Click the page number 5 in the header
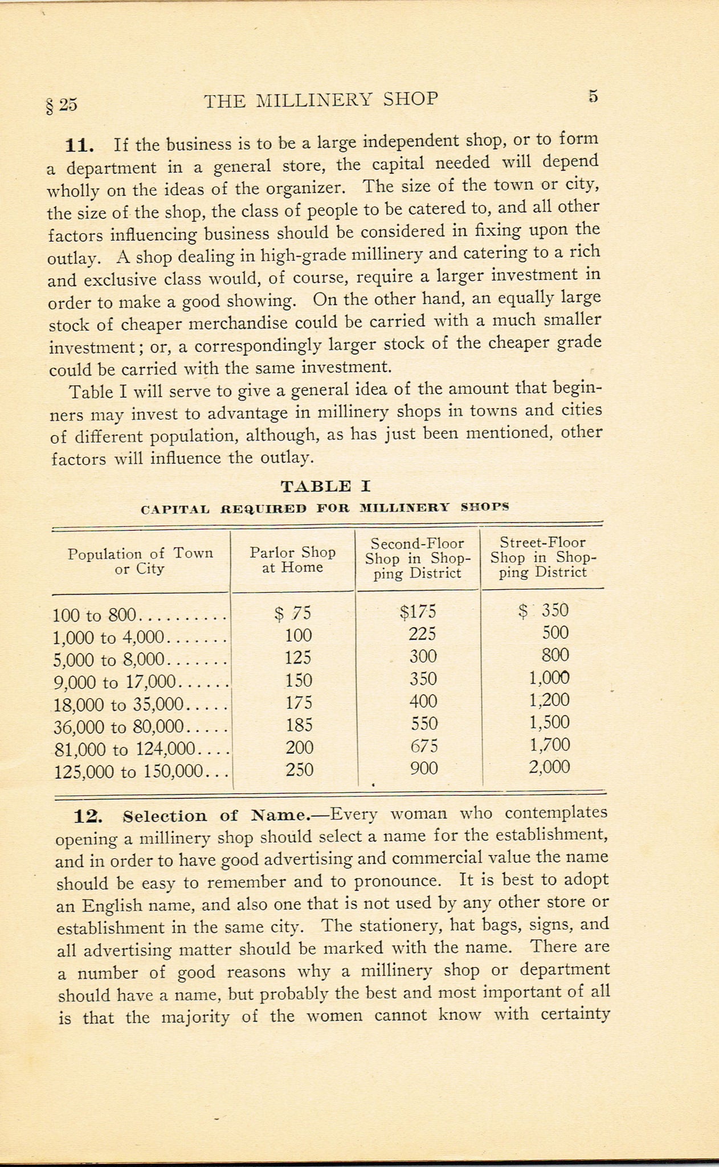click(593, 96)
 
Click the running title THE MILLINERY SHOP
click(321, 100)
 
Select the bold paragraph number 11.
click(79, 145)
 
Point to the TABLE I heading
click(325, 486)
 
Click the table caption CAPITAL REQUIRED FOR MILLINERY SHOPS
click(325, 507)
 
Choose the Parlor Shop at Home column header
click(293, 560)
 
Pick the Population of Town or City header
click(140, 561)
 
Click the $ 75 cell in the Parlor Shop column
click(293, 613)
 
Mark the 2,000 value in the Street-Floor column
click(549, 766)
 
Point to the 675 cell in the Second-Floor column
click(423, 746)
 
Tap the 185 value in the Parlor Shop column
click(299, 724)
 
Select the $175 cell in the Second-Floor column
click(418, 612)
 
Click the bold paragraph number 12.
click(88, 817)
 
